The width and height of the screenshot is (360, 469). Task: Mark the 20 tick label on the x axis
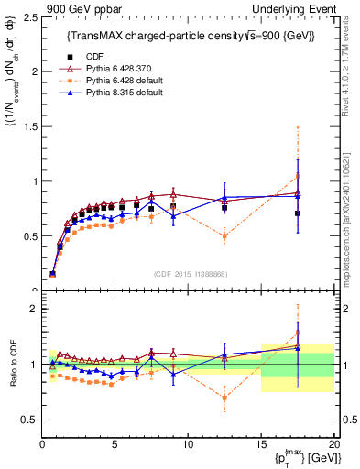333,443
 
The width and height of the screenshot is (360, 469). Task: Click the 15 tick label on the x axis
261,443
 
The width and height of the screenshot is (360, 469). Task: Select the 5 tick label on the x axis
115,443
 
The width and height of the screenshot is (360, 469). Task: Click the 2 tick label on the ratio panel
34,309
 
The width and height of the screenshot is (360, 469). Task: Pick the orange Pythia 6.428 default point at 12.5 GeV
224,236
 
